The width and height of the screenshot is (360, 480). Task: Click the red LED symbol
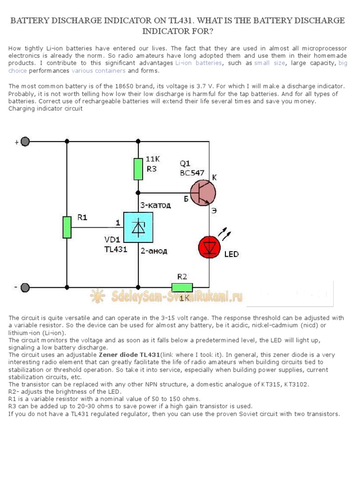pyautogui.click(x=210, y=247)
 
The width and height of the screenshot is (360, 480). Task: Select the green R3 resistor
pyautogui.click(x=138, y=169)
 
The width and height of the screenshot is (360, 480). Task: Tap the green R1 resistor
pyautogui.click(x=67, y=227)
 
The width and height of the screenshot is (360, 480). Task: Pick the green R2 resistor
pyautogui.click(x=182, y=287)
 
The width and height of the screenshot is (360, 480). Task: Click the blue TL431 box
pyautogui.click(x=138, y=228)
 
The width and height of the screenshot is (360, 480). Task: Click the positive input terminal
pyautogui.click(x=25, y=142)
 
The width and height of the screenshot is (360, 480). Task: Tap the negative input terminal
pyautogui.click(x=25, y=287)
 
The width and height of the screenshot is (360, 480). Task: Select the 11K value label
pyautogui.click(x=153, y=159)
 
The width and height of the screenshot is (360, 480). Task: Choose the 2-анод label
pyautogui.click(x=153, y=251)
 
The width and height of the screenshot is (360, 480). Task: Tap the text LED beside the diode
pyautogui.click(x=231, y=254)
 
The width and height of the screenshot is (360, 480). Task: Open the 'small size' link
pyautogui.click(x=270, y=63)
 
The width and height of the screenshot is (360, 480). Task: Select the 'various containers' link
pyautogui.click(x=98, y=71)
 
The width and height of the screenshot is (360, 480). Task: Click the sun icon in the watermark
pyautogui.click(x=98, y=296)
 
